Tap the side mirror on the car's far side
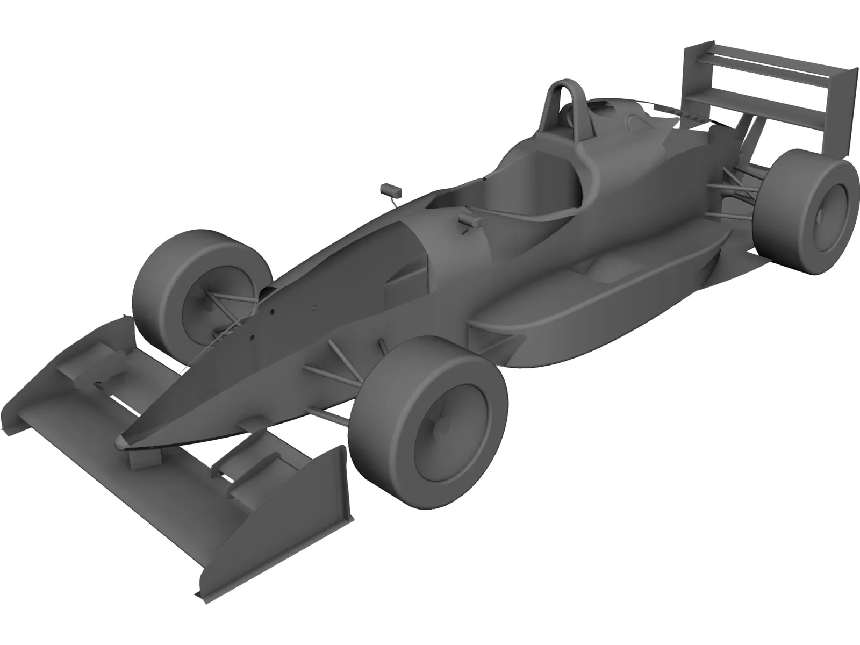[390, 189]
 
